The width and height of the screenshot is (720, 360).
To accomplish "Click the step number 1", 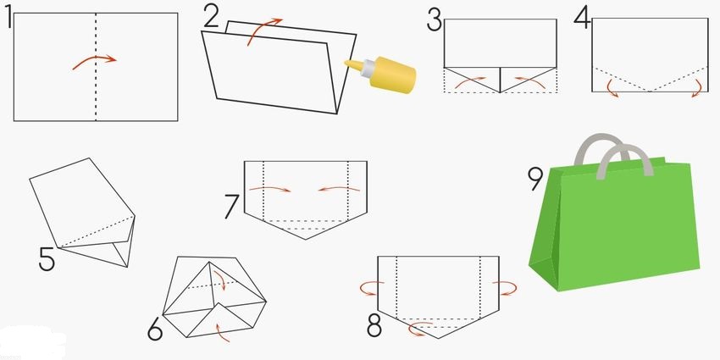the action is point(8,19).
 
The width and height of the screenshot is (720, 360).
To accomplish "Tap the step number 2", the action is point(211,18).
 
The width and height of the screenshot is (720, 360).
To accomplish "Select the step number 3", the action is point(435,21).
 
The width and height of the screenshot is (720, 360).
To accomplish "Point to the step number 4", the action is point(582,19).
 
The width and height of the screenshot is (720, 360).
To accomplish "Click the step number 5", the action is point(47,259).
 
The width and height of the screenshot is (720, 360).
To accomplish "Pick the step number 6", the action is point(155,329).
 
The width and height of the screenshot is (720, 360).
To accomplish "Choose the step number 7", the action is point(233,206).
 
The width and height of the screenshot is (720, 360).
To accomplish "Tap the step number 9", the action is point(535,179).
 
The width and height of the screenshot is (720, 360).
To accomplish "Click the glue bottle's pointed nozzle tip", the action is point(346,63).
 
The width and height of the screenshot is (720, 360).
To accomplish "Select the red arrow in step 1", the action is point(94,62).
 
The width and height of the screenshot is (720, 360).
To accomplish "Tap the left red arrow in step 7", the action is point(270,188).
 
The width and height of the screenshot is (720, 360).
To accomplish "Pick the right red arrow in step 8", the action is point(506,288).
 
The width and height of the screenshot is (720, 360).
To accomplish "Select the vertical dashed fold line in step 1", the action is point(96,67).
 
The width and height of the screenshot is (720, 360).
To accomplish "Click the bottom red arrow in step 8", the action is point(419,329).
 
